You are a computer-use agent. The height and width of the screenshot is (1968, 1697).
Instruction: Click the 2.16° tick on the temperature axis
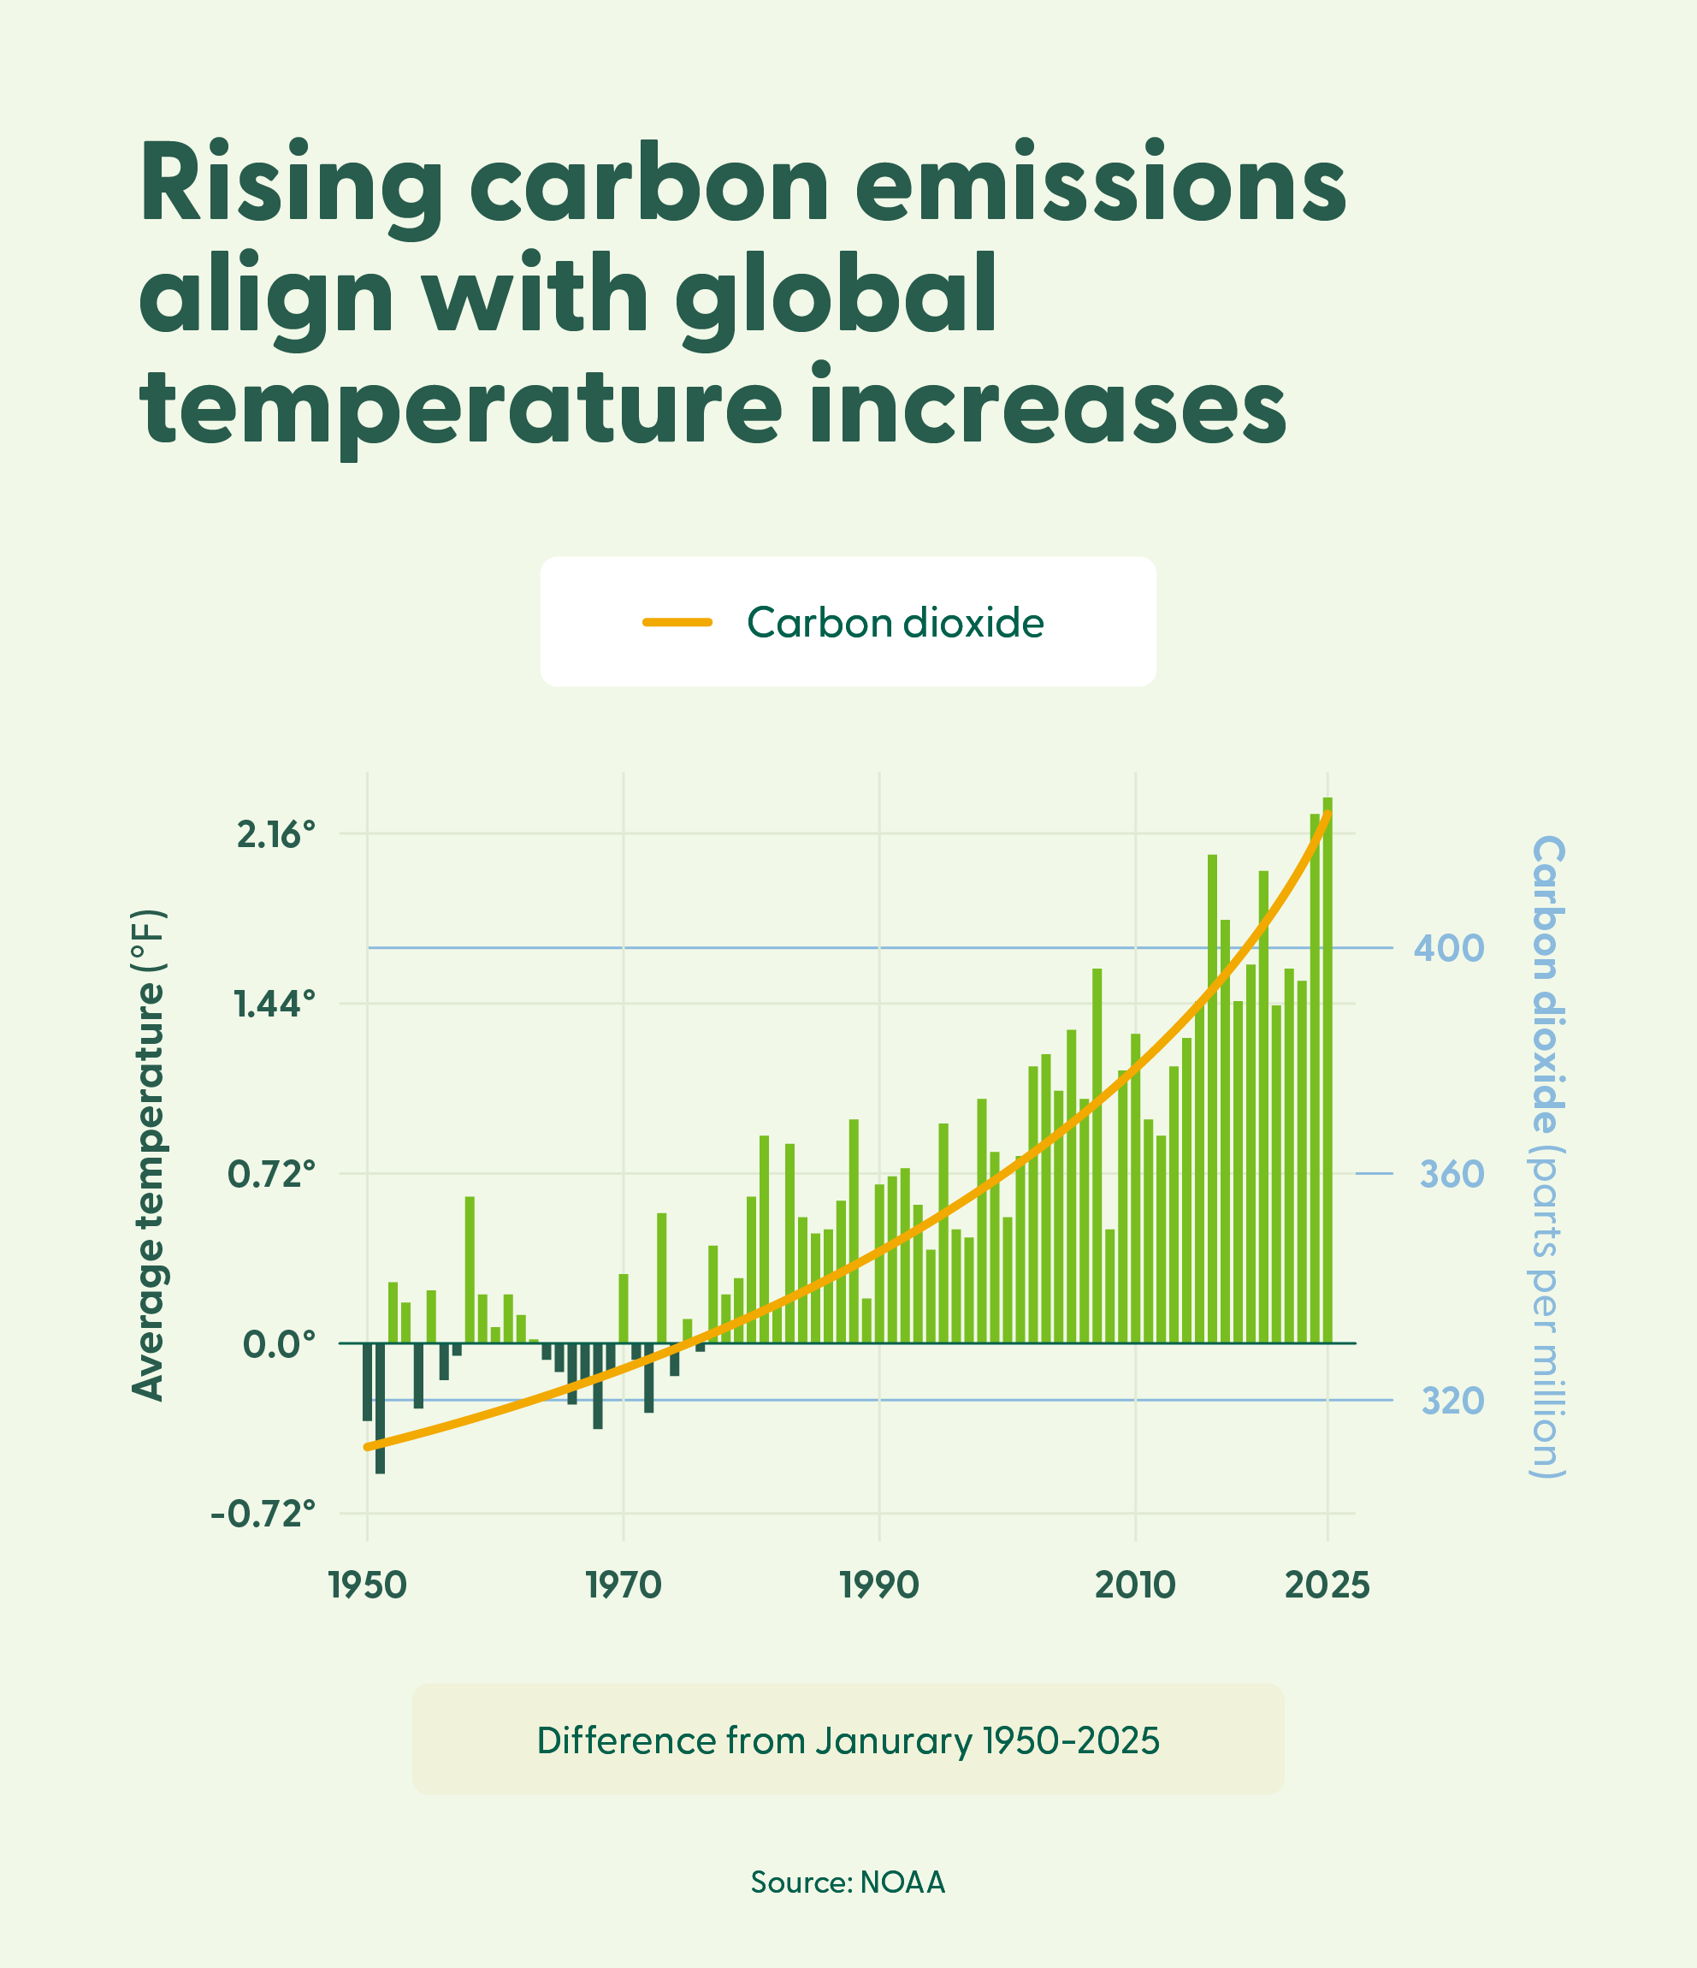point(275,836)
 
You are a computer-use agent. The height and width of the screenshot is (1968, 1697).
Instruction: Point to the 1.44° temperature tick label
point(275,1005)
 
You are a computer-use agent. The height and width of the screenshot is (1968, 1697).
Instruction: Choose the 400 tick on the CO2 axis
point(1448,948)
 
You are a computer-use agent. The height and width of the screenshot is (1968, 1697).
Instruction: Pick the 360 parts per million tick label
point(1451,1175)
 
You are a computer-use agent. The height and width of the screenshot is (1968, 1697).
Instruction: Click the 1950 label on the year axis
point(368,1586)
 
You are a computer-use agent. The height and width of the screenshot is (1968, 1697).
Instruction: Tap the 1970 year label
point(623,1586)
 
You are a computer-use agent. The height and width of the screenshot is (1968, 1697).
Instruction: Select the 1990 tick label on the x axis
point(879,1586)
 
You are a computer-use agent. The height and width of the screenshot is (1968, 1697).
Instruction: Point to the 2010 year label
point(1135,1586)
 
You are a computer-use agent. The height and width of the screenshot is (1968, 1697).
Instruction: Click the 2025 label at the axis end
point(1327,1586)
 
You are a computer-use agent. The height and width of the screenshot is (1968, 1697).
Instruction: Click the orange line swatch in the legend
point(677,623)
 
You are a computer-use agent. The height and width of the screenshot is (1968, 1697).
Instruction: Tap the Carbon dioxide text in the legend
point(895,623)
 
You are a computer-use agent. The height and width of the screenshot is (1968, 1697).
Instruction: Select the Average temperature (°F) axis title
point(149,1155)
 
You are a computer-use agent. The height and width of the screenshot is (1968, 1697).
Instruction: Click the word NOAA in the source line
point(902,1882)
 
